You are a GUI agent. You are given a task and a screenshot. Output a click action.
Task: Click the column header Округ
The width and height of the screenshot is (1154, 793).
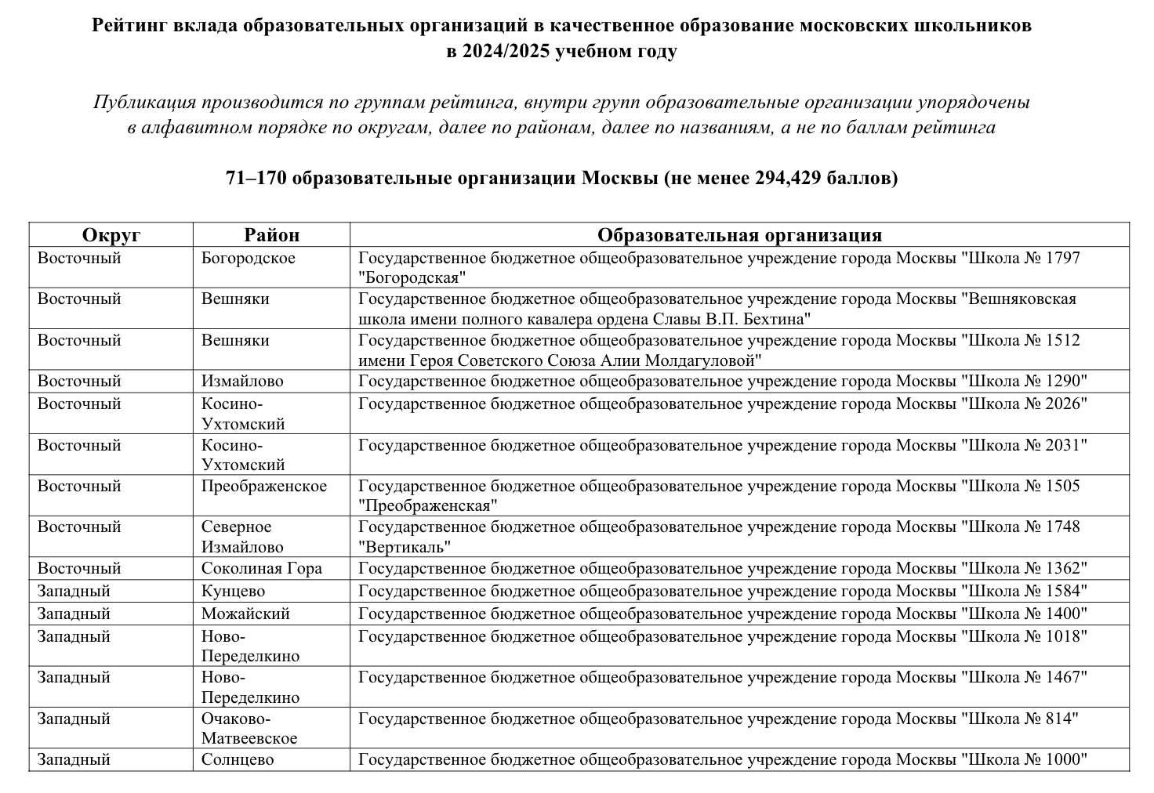click(111, 235)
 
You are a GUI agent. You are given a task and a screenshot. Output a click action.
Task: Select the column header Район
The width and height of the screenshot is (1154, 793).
click(271, 235)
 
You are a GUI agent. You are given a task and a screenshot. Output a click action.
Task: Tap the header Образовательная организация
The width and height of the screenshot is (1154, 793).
click(739, 235)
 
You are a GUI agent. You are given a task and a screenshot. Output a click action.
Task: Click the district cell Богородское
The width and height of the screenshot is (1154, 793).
click(249, 258)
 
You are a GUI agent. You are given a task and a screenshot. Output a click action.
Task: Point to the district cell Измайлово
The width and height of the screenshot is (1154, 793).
click(242, 382)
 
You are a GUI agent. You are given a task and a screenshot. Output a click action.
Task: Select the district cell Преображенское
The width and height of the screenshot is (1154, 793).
click(263, 486)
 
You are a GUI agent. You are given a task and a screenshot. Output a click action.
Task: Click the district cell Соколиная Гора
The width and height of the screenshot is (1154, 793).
click(261, 569)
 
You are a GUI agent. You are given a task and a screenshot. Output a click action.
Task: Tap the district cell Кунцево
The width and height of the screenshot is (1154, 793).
click(233, 592)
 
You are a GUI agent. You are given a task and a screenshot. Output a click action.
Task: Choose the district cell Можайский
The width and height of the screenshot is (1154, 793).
click(245, 614)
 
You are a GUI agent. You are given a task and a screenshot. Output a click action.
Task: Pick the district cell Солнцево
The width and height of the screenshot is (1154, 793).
click(238, 759)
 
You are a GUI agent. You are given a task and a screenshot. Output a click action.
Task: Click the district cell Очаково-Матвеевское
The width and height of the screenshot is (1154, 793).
click(249, 728)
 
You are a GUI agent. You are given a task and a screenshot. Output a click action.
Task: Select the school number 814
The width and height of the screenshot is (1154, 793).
click(1058, 719)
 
